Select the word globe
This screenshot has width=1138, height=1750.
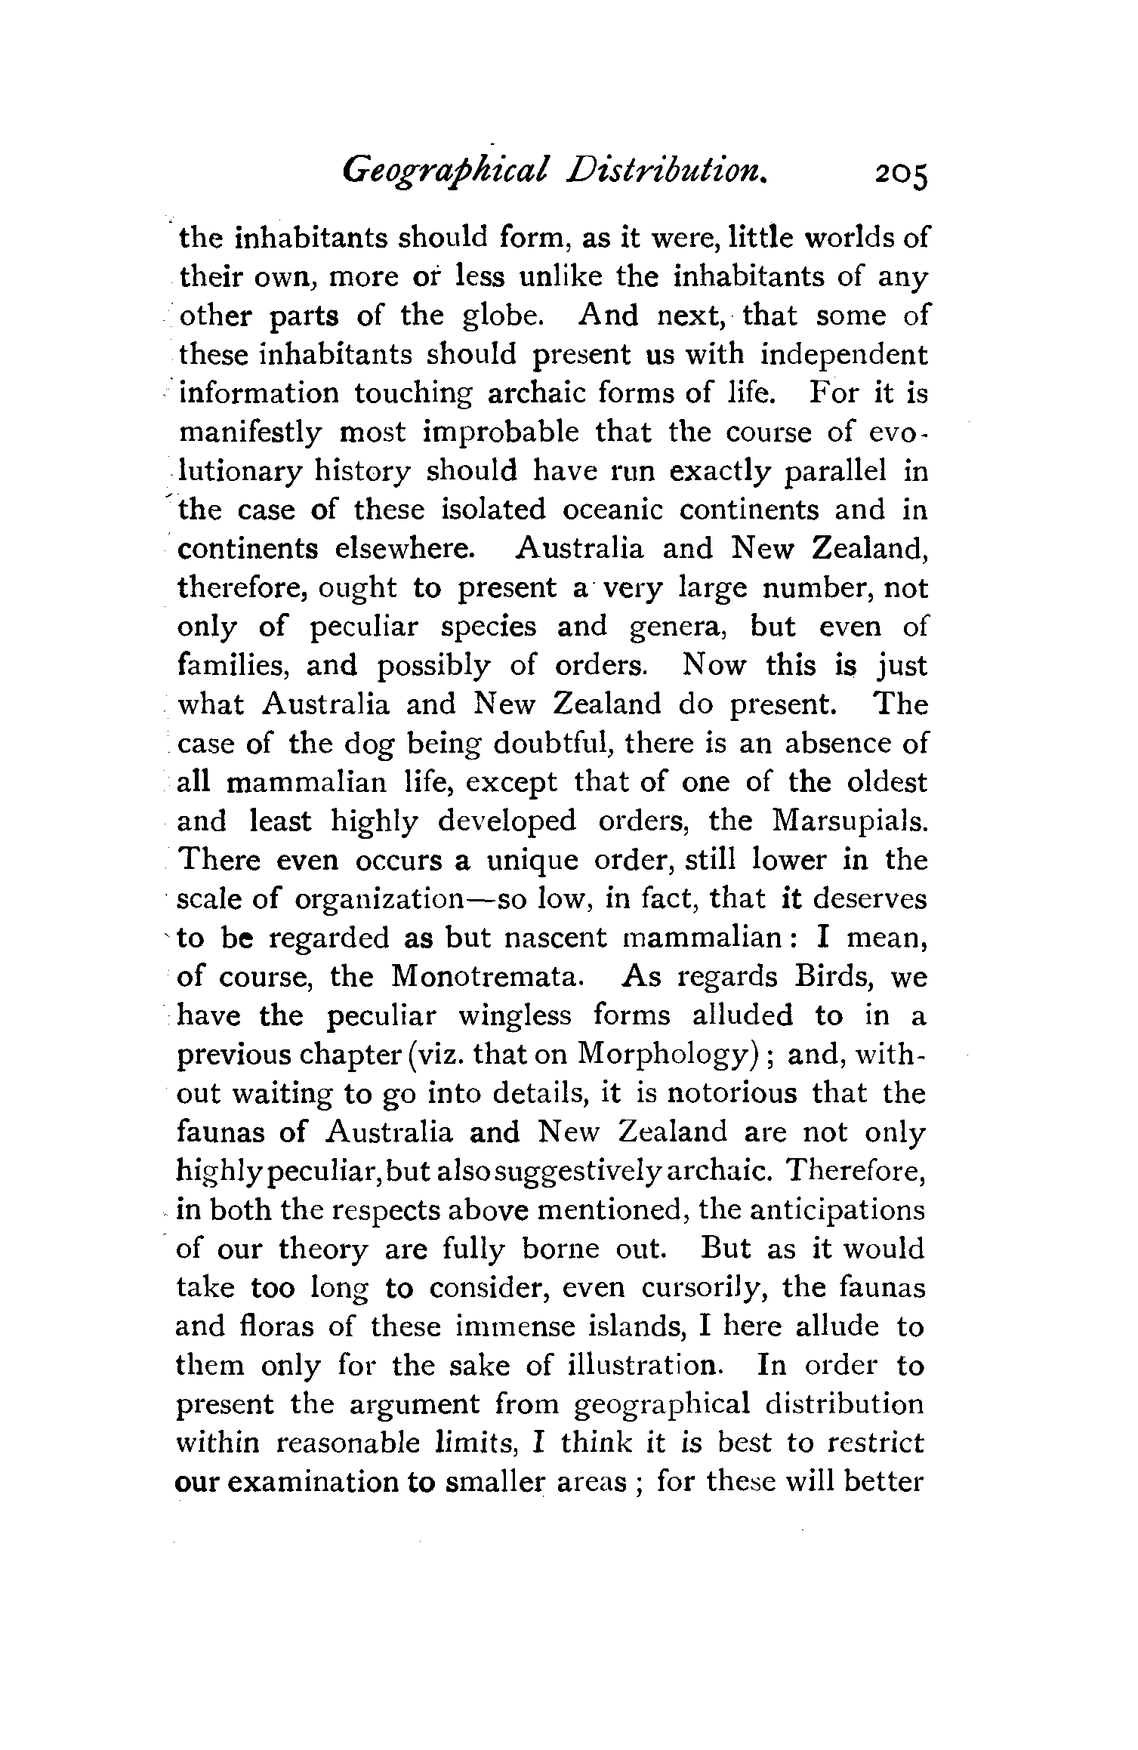click(503, 316)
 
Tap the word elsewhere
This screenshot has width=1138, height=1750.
click(406, 548)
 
